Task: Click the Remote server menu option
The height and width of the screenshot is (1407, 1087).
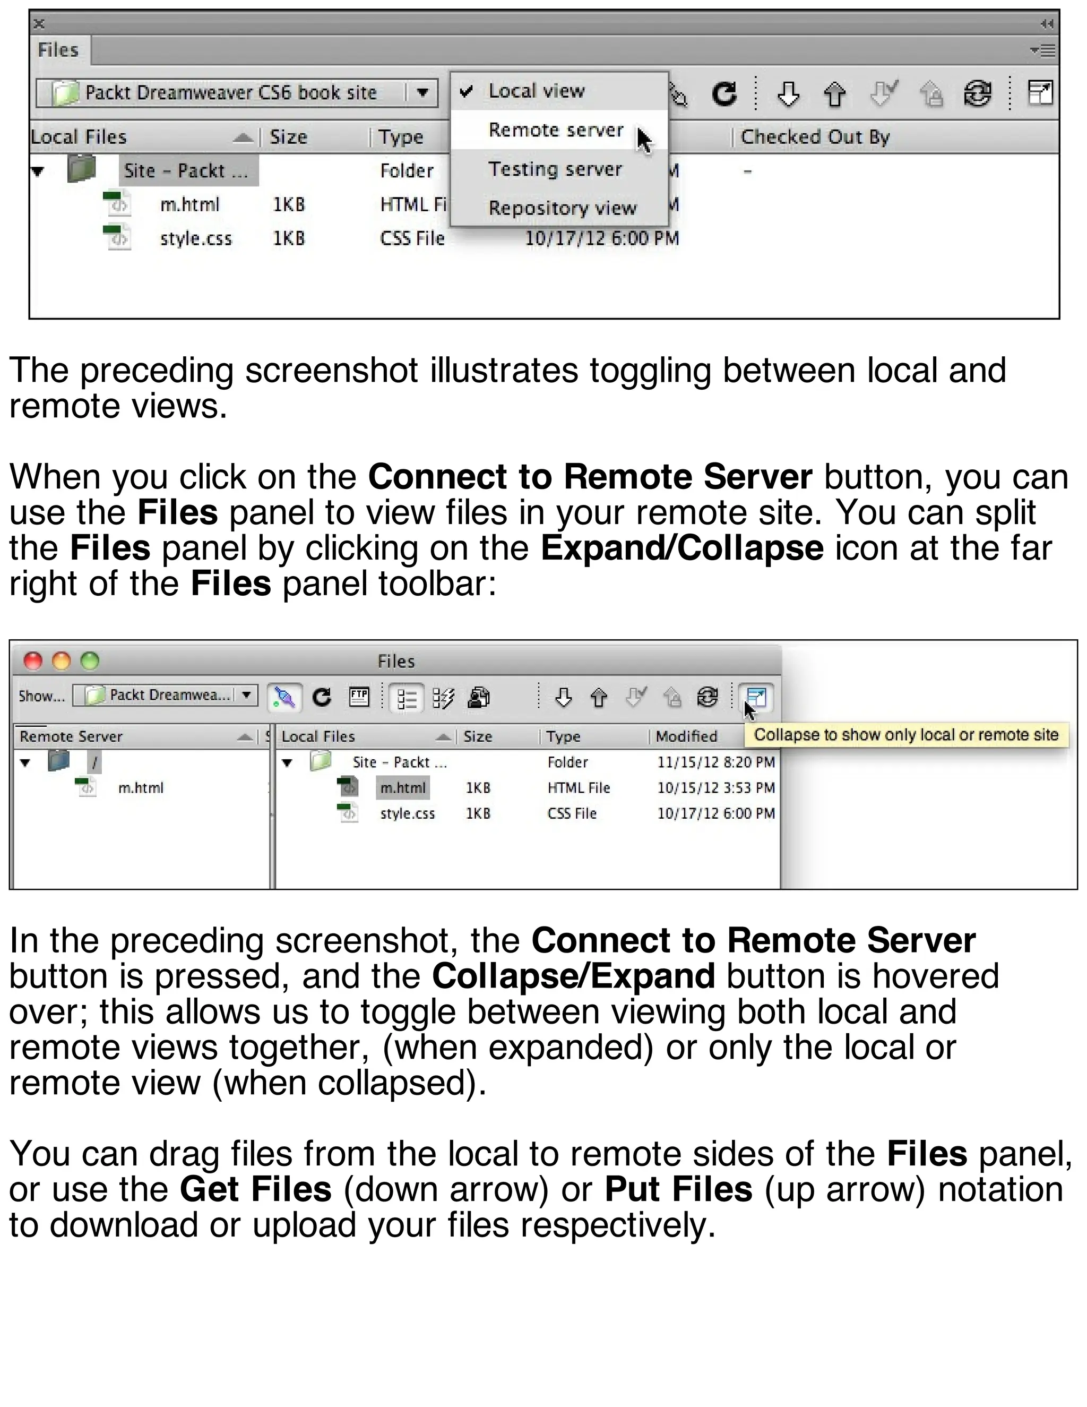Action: click(x=555, y=130)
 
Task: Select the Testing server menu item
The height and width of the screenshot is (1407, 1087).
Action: click(x=555, y=169)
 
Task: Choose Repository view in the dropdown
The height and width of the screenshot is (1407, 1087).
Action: click(x=562, y=208)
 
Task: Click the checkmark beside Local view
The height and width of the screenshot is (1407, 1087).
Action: click(x=466, y=91)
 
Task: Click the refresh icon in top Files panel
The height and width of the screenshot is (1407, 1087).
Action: click(x=724, y=94)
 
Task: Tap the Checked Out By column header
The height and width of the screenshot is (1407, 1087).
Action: click(x=815, y=137)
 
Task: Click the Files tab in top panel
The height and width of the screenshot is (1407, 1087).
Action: click(x=58, y=50)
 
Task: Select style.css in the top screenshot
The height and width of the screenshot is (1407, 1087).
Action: click(x=195, y=239)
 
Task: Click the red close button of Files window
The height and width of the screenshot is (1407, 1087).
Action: click(x=33, y=660)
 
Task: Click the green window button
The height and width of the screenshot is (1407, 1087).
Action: click(x=90, y=660)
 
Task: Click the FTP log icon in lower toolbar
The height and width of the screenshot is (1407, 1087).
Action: click(x=359, y=697)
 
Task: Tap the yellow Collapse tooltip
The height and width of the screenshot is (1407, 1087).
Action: click(x=905, y=735)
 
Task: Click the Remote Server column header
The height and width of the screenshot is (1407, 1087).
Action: click(x=71, y=736)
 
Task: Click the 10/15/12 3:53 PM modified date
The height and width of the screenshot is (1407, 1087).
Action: click(x=715, y=787)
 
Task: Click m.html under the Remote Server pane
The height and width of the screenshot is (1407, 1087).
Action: click(x=140, y=787)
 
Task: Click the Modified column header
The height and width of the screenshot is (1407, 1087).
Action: click(x=686, y=736)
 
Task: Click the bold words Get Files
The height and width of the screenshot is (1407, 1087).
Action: click(x=256, y=1189)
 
